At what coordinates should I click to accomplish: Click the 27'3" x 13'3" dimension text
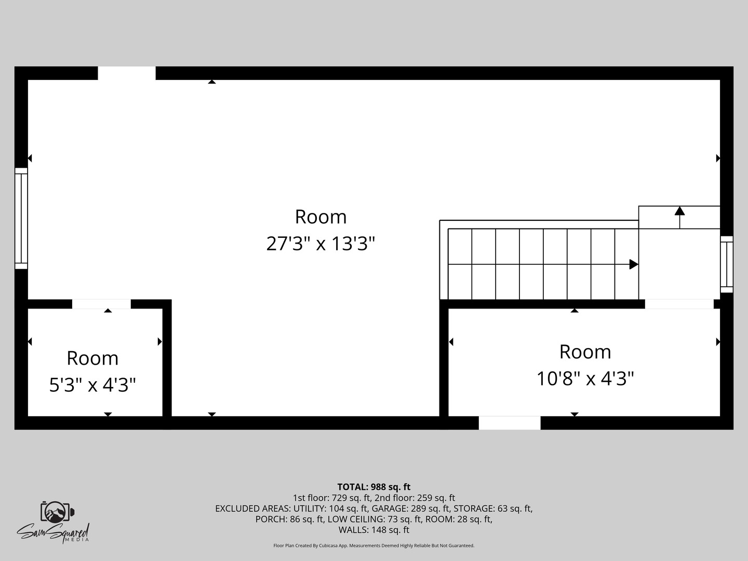(320, 243)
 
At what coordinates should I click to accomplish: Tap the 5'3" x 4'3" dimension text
(92, 385)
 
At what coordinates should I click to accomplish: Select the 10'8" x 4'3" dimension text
(585, 379)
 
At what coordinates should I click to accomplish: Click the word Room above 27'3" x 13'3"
(320, 217)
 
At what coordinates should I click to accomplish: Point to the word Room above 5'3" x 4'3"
(92, 358)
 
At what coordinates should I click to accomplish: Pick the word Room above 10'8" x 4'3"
(585, 352)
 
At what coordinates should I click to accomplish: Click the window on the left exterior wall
(21, 218)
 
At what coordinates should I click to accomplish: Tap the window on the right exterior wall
(726, 264)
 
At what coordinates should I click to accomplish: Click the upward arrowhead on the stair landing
(679, 211)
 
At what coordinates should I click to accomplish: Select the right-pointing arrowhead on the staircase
(633, 264)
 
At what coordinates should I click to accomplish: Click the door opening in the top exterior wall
(127, 73)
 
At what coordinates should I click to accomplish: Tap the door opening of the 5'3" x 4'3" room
(101, 304)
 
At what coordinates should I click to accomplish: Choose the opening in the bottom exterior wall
(509, 423)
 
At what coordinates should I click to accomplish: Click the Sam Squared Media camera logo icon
(57, 513)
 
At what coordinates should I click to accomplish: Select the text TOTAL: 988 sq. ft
(374, 487)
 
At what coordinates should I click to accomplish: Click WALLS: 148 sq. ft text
(374, 530)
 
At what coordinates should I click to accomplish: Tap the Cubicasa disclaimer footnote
(374, 545)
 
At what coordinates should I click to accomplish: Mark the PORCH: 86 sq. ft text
(289, 519)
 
